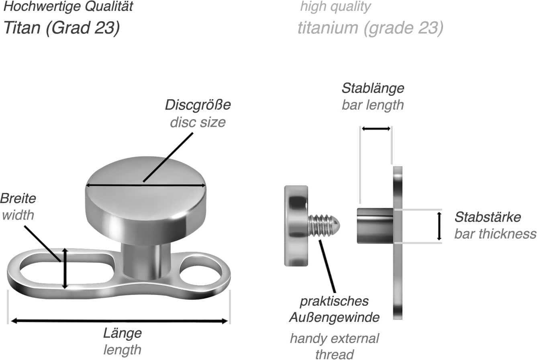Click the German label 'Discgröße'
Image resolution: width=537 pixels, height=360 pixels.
pos(198,105)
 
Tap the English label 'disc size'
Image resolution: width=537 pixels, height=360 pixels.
pos(198,122)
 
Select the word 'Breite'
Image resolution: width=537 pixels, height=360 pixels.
pos(18,198)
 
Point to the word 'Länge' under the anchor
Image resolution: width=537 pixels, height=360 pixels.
pos(122,333)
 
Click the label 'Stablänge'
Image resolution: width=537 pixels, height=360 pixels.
pos(372,88)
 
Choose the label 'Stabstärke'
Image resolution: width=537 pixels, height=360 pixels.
pos(487,217)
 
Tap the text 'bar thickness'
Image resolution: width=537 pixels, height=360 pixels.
pos(495,234)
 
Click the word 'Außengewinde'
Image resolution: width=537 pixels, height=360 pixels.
pos(334,317)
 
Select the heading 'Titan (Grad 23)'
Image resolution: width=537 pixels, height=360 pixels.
pos(61,28)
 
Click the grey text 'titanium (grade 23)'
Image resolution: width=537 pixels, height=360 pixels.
pos(370,28)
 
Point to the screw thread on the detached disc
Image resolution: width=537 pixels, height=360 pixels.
pos(324,225)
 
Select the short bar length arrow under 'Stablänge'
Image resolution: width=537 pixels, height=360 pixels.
pos(376,129)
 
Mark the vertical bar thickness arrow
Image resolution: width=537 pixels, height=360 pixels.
pos(439,226)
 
